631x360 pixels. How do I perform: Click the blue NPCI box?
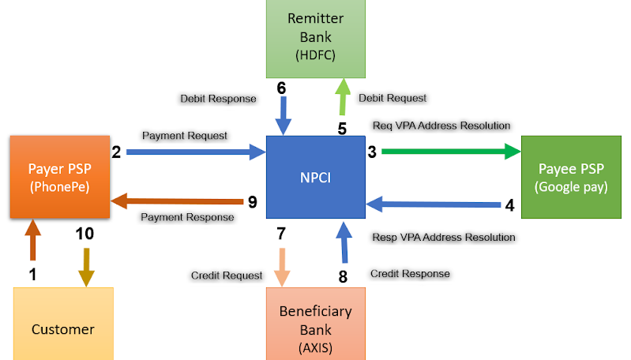(315, 177)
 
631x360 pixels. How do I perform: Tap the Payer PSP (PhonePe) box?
(59, 176)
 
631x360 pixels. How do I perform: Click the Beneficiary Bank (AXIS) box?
(315, 321)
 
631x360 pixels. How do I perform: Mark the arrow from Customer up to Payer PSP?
(32, 240)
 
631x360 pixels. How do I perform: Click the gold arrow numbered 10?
(85, 264)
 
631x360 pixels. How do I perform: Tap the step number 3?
(370, 151)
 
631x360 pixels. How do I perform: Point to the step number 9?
(252, 203)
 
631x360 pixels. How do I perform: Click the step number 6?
(280, 88)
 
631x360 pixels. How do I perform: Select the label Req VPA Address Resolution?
(441, 126)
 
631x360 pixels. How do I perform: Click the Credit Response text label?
(410, 273)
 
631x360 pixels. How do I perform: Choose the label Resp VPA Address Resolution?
(443, 237)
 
